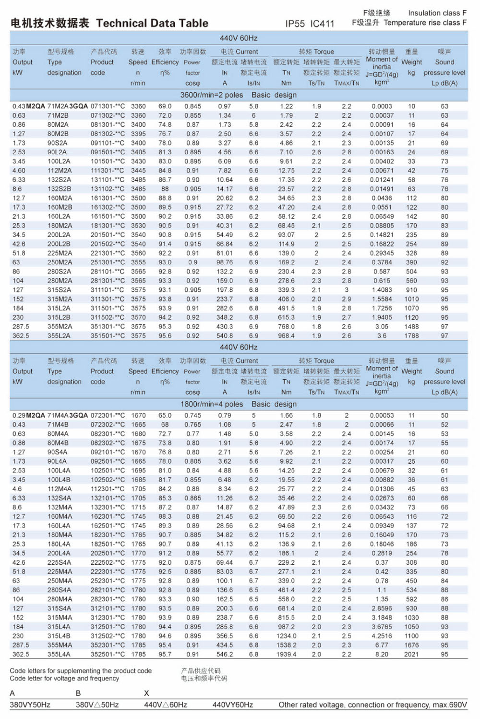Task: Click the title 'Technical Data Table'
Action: (x=152, y=23)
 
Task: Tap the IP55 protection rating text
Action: (x=295, y=24)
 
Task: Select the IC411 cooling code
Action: (x=322, y=24)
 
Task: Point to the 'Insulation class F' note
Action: (x=437, y=13)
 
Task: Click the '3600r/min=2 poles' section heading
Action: (x=211, y=95)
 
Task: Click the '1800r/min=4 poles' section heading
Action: (x=211, y=404)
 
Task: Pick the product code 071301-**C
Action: (x=108, y=106)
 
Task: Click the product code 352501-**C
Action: (x=108, y=654)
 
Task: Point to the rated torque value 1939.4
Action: (x=286, y=654)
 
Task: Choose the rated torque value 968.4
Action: (x=286, y=335)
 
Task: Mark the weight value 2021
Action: (x=411, y=654)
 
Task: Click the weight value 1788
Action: (x=411, y=335)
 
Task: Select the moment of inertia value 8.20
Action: (x=382, y=654)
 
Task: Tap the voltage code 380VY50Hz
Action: (x=30, y=705)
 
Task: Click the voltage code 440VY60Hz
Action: (x=233, y=705)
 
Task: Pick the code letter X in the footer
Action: (x=146, y=693)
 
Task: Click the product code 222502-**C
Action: (x=108, y=562)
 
